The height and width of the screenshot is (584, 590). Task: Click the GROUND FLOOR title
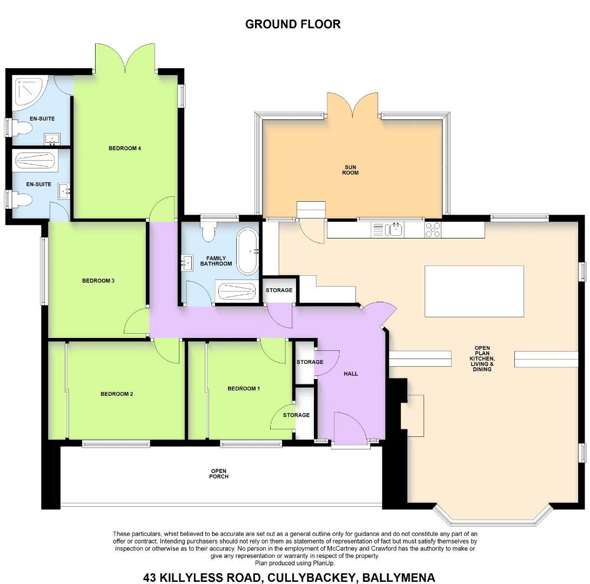point(293,24)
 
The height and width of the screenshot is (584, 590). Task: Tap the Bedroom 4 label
point(125,148)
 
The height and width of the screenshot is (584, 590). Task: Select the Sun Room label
point(350,170)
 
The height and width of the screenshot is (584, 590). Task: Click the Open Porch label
point(219,474)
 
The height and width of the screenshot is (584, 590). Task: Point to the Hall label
point(351,374)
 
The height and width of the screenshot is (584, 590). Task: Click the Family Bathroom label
point(216,261)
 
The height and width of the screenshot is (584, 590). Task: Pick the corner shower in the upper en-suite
point(29,92)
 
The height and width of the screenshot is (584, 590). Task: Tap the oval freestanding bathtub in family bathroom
point(247,251)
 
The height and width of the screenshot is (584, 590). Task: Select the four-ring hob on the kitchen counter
point(433,230)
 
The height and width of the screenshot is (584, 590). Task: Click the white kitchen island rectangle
point(474,291)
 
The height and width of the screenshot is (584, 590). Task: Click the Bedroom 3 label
point(98,281)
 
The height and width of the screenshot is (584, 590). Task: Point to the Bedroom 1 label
point(244,389)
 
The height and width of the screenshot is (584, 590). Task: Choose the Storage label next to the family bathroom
point(279,290)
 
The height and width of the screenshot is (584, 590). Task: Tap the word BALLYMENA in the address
point(399,577)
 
